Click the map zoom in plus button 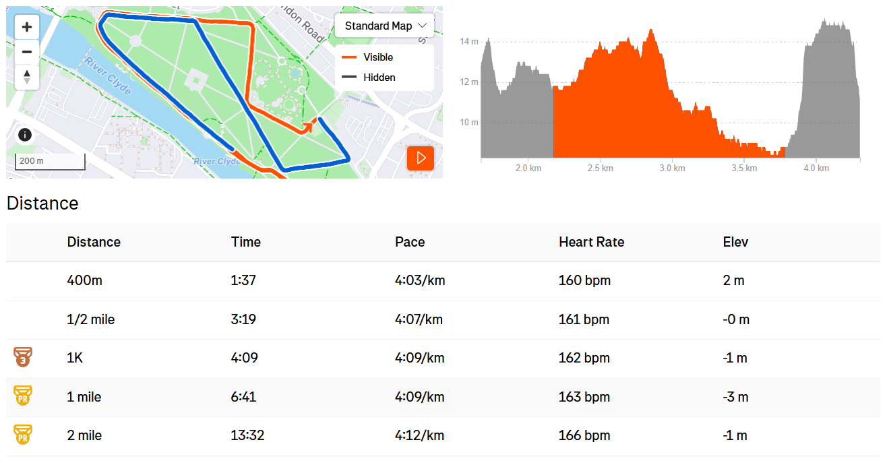click(27, 27)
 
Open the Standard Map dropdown click(385, 26)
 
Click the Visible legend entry click(367, 57)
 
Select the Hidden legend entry click(368, 77)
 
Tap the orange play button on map click(421, 158)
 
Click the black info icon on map click(25, 135)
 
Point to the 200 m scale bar click(51, 162)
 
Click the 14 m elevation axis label click(469, 41)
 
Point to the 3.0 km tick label click(672, 168)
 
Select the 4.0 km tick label click(816, 168)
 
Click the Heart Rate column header click(591, 242)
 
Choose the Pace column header click(409, 242)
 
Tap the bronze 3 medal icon click(23, 357)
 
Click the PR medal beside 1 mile click(23, 396)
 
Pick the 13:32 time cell click(247, 435)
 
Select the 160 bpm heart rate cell click(584, 280)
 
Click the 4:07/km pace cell click(419, 319)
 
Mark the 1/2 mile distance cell click(91, 319)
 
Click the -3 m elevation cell click(735, 397)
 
